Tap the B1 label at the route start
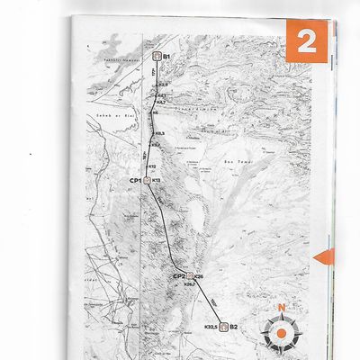pyautogui.click(x=167, y=56)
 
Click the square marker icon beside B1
pyautogui.click(x=157, y=56)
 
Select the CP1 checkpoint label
pyautogui.click(x=136, y=180)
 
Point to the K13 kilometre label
pyautogui.click(x=156, y=180)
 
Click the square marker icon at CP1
pyautogui.click(x=146, y=180)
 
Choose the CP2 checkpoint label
pyautogui.click(x=178, y=276)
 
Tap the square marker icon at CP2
pyautogui.click(x=189, y=276)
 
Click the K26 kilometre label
pyautogui.click(x=199, y=276)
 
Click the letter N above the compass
pyautogui.click(x=282, y=308)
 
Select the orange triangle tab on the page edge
pyautogui.click(x=323, y=258)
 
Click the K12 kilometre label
pyautogui.click(x=152, y=166)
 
